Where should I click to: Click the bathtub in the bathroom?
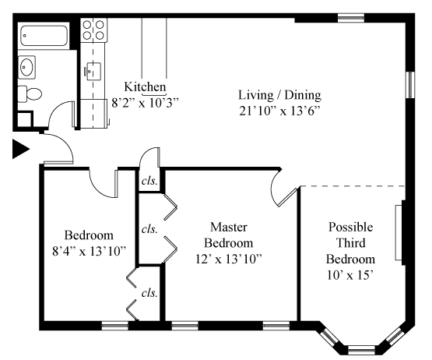tap(44, 36)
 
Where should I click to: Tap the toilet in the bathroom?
tap(30, 94)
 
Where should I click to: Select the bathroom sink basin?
tap(26, 67)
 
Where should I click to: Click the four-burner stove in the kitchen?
tap(93, 30)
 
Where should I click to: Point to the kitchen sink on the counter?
tap(93, 72)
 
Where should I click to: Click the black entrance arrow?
tap(21, 149)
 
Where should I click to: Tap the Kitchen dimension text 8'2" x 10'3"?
tap(146, 103)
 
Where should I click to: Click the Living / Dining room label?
tap(279, 95)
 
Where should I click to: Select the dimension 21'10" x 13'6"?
tap(280, 111)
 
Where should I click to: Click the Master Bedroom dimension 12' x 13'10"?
tap(229, 259)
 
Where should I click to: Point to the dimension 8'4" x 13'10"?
tap(89, 252)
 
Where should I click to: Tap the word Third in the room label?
tap(351, 243)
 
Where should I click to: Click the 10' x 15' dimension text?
tap(350, 275)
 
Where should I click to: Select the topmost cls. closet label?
tap(149, 181)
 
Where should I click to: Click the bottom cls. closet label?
tap(149, 293)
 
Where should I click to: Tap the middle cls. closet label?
tap(149, 229)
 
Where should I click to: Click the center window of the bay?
tap(361, 351)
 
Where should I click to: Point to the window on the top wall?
tap(351, 18)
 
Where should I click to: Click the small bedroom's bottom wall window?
tap(115, 326)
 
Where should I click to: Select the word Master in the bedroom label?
tap(229, 227)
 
